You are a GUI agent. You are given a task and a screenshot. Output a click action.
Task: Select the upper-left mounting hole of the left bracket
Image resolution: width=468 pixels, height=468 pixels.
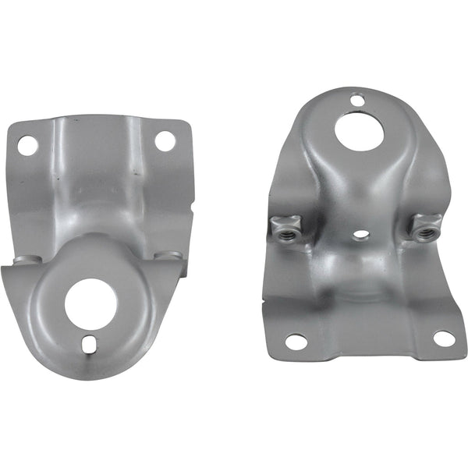(x=27, y=144)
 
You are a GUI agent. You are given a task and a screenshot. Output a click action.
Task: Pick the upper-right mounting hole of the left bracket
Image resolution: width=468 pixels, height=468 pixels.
(x=165, y=141)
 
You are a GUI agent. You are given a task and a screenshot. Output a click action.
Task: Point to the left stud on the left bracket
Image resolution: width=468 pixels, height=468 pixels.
(x=25, y=260)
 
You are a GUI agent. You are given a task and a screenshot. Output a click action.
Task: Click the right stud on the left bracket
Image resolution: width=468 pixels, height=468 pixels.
(x=168, y=256)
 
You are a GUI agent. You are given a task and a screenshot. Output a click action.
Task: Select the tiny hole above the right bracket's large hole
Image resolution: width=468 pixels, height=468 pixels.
(x=357, y=99)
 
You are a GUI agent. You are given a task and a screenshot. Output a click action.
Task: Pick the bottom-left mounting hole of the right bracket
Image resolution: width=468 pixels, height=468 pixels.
(x=295, y=341)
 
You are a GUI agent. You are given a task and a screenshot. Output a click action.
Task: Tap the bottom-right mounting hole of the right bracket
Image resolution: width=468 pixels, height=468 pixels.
(x=442, y=339)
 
